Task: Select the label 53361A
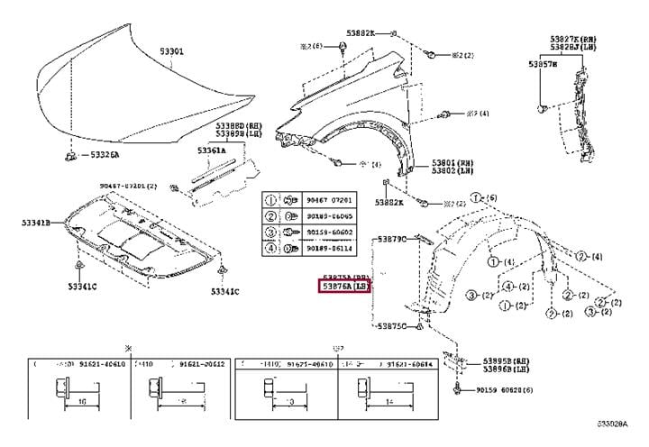point(214,151)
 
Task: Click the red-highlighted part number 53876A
point(334,287)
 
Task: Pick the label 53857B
point(542,66)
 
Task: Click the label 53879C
point(392,239)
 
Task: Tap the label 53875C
point(392,325)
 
